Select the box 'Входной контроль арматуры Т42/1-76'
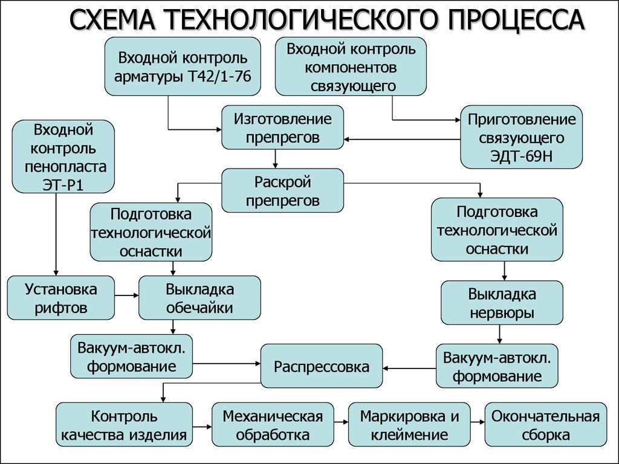183,66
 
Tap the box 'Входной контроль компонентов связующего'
351,66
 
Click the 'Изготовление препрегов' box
282,127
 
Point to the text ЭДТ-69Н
521,156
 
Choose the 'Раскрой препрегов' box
282,190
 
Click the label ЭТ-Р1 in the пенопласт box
63,185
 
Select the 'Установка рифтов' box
61,297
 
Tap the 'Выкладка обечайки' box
199,297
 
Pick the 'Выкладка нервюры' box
502,303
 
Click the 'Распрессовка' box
322,366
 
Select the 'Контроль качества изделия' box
124,425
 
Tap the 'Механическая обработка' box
273,425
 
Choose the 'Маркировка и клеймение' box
409,425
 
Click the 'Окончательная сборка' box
546,425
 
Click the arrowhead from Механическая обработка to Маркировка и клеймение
345,422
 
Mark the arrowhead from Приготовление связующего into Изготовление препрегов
346,139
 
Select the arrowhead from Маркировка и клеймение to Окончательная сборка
482,422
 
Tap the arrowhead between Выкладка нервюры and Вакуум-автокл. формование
499,341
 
